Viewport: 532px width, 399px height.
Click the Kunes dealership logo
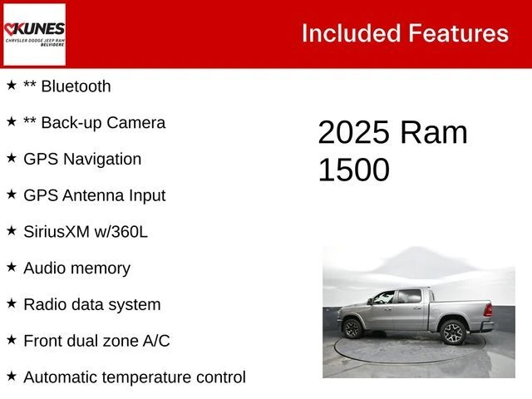click(x=34, y=34)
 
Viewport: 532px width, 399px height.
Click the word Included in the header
click(x=350, y=33)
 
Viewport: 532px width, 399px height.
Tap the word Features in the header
click(x=458, y=33)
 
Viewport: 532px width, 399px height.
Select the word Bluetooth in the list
click(x=76, y=86)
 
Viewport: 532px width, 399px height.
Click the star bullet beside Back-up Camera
click(x=12, y=121)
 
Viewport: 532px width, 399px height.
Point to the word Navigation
click(x=102, y=159)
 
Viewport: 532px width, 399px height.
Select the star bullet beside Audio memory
click(x=12, y=267)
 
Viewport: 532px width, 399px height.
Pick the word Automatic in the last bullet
click(x=61, y=377)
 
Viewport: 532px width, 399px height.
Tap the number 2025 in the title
click(x=354, y=133)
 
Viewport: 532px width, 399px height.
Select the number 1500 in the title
click(x=354, y=170)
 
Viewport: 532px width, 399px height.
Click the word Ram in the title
click(x=434, y=133)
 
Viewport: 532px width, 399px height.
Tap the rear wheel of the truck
click(x=453, y=332)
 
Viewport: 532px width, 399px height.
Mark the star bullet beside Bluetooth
click(x=12, y=85)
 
